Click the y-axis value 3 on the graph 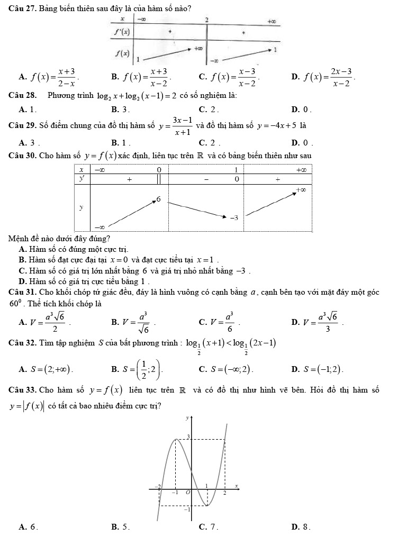point(186,436)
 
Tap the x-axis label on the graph point(237,485)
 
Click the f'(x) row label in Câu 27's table point(122,31)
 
